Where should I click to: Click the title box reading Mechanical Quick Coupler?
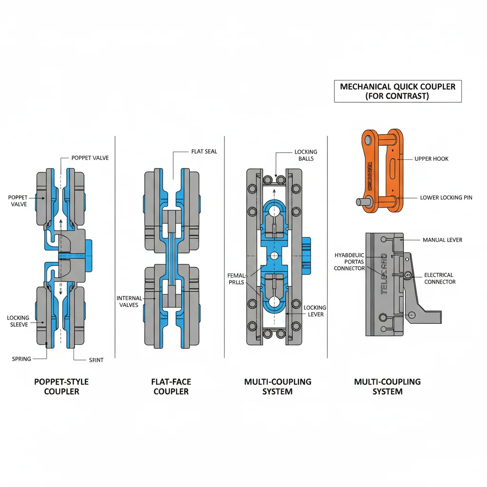tap(398, 91)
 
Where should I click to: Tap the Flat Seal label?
tap(204, 152)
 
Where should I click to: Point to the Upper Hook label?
tap(431, 158)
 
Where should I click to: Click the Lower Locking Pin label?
tap(446, 197)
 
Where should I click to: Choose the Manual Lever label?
tap(442, 240)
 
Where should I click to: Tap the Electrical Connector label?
tap(439, 278)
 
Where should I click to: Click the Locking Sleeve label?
tap(18, 321)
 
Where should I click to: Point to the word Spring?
tap(21, 359)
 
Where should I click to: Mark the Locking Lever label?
tap(315, 311)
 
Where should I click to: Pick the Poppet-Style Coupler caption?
tap(61, 387)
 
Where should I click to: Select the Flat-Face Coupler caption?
tap(171, 387)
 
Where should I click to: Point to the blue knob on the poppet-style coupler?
tap(88, 251)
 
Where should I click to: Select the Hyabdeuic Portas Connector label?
tap(349, 262)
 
